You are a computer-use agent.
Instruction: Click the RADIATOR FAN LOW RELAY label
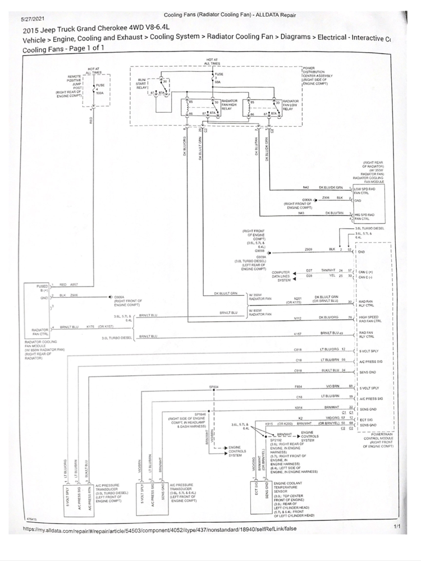point(291,104)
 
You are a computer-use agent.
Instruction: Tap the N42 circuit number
point(306,187)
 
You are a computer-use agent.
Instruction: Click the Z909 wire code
point(308,250)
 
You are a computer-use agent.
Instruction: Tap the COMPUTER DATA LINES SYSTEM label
point(281,276)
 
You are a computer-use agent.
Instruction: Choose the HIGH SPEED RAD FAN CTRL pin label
point(371,319)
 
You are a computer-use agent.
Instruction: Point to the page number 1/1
point(397,527)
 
